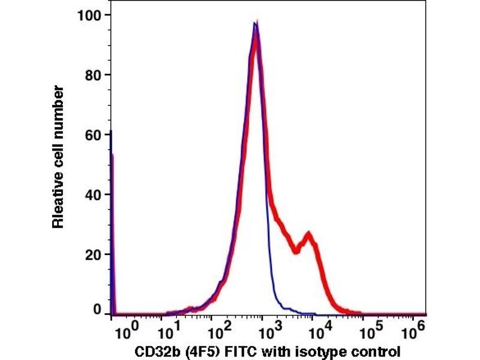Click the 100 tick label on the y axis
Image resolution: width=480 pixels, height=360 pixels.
(88, 14)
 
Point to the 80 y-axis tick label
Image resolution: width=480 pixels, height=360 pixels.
(91, 74)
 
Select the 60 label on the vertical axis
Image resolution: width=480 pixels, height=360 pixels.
(91, 134)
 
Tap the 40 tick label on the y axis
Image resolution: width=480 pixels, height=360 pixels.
(91, 194)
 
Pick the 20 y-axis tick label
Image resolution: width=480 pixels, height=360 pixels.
(91, 254)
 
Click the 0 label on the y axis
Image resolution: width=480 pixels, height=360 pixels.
(96, 310)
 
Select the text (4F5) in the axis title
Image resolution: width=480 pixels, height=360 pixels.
(195, 351)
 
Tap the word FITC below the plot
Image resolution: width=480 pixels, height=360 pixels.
(235, 350)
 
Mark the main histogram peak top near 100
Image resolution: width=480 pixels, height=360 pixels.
(256, 25)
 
